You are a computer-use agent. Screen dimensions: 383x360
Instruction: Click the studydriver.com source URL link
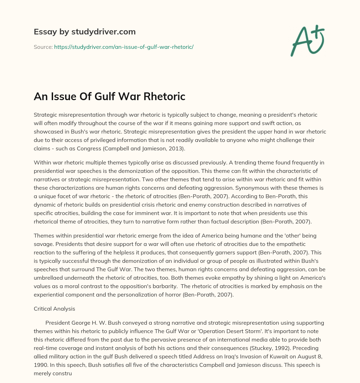click(x=124, y=46)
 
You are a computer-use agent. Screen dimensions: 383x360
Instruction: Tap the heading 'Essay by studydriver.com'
click(x=85, y=32)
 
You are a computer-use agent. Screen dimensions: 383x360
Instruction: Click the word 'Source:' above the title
click(x=43, y=46)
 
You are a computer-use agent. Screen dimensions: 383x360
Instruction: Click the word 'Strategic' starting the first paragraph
click(x=45, y=115)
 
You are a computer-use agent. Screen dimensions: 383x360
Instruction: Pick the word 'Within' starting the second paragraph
click(x=42, y=162)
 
